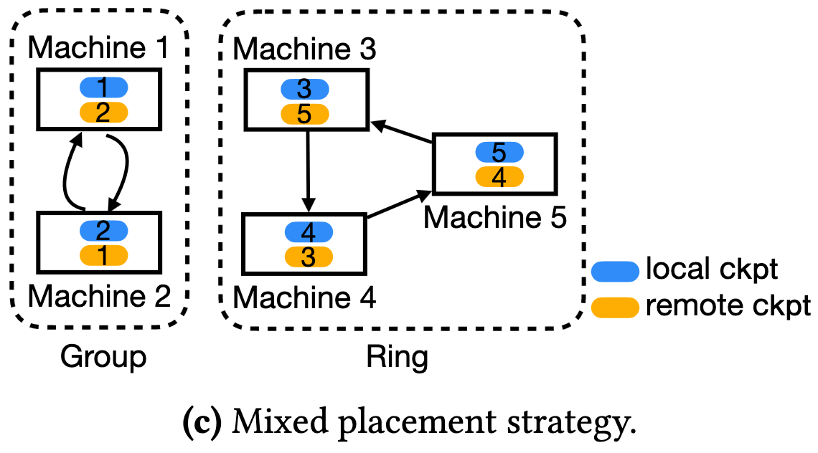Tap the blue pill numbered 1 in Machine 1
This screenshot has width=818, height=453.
point(103,87)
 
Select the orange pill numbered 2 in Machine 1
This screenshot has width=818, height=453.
point(103,112)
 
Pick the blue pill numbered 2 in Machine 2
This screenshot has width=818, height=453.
point(103,230)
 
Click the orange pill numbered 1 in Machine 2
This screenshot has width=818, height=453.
point(103,254)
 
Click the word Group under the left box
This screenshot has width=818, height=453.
point(103,356)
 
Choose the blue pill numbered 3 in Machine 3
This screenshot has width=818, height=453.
point(304,89)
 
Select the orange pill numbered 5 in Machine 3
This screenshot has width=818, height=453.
point(304,113)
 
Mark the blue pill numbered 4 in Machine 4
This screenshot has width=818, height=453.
point(309,232)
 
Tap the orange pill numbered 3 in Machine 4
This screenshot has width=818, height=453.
point(309,256)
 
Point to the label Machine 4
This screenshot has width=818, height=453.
point(305,296)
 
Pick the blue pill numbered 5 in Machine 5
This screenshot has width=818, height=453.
point(499,152)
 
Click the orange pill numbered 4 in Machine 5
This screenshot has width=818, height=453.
point(499,176)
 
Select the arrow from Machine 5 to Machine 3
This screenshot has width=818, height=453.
point(402,134)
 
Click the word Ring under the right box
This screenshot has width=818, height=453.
point(397,356)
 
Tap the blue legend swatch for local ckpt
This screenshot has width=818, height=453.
point(615,270)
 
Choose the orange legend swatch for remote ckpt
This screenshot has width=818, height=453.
point(615,306)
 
